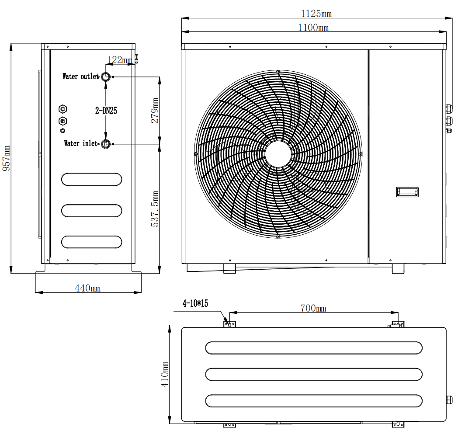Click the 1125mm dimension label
click(x=316, y=14)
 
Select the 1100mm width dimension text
click(x=313, y=28)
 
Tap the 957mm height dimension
click(x=7, y=158)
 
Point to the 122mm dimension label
click(x=119, y=60)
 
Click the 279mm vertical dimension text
click(x=155, y=111)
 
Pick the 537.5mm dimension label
click(x=155, y=209)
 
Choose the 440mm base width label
click(x=88, y=288)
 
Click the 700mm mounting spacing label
click(x=313, y=308)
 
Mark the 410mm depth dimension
click(x=165, y=374)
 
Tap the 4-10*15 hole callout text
click(x=195, y=303)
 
